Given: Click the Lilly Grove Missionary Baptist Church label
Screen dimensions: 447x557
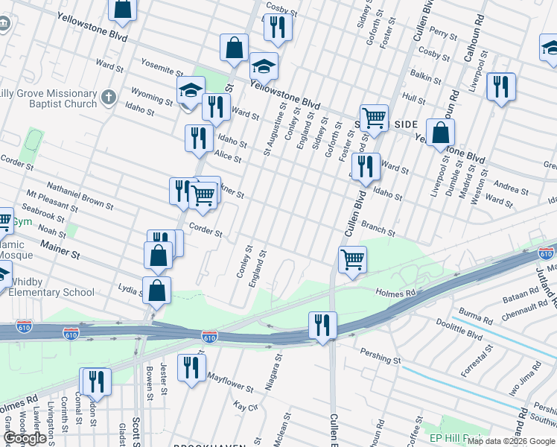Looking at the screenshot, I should click(x=48, y=98).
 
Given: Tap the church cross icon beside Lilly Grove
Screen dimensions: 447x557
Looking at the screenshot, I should click(x=109, y=97).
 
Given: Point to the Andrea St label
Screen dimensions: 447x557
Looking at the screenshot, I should click(x=511, y=188).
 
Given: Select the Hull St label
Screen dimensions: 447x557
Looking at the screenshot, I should click(x=413, y=97).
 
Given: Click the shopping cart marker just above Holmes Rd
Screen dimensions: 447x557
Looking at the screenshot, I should click(x=352, y=260).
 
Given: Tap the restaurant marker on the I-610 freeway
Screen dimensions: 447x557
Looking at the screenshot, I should click(x=322, y=325).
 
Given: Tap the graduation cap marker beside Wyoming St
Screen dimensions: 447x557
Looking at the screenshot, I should click(x=191, y=91).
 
